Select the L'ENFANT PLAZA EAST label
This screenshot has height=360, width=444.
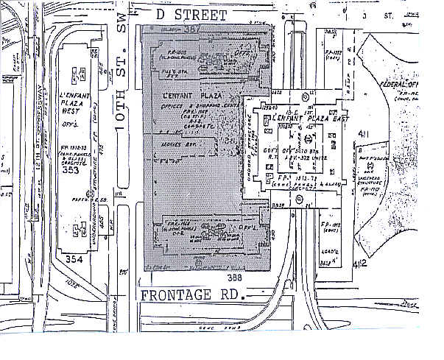(302, 118)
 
